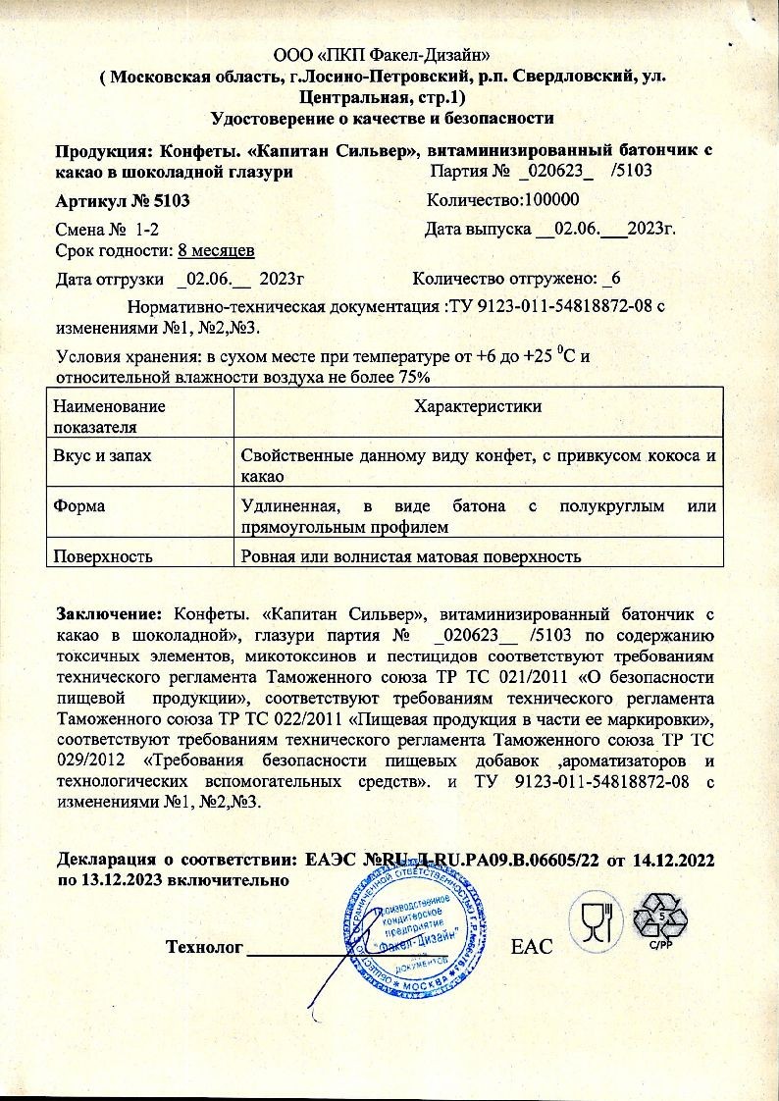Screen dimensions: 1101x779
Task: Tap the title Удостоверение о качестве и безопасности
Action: click(383, 119)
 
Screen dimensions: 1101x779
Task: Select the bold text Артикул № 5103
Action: click(122, 201)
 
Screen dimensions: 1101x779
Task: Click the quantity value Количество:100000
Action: click(504, 201)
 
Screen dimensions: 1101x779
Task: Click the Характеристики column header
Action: click(478, 406)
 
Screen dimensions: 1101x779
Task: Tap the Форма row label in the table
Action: click(78, 507)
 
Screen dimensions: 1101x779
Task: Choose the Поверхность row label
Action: click(102, 556)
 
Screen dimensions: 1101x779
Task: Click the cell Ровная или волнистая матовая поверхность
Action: click(412, 556)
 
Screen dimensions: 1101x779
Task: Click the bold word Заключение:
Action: click(109, 615)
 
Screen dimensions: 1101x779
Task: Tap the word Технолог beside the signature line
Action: click(203, 947)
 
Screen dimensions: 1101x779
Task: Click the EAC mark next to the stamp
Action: click(533, 947)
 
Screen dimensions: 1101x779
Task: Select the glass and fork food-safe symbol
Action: click(597, 921)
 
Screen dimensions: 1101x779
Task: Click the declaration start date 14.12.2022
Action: click(672, 859)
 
